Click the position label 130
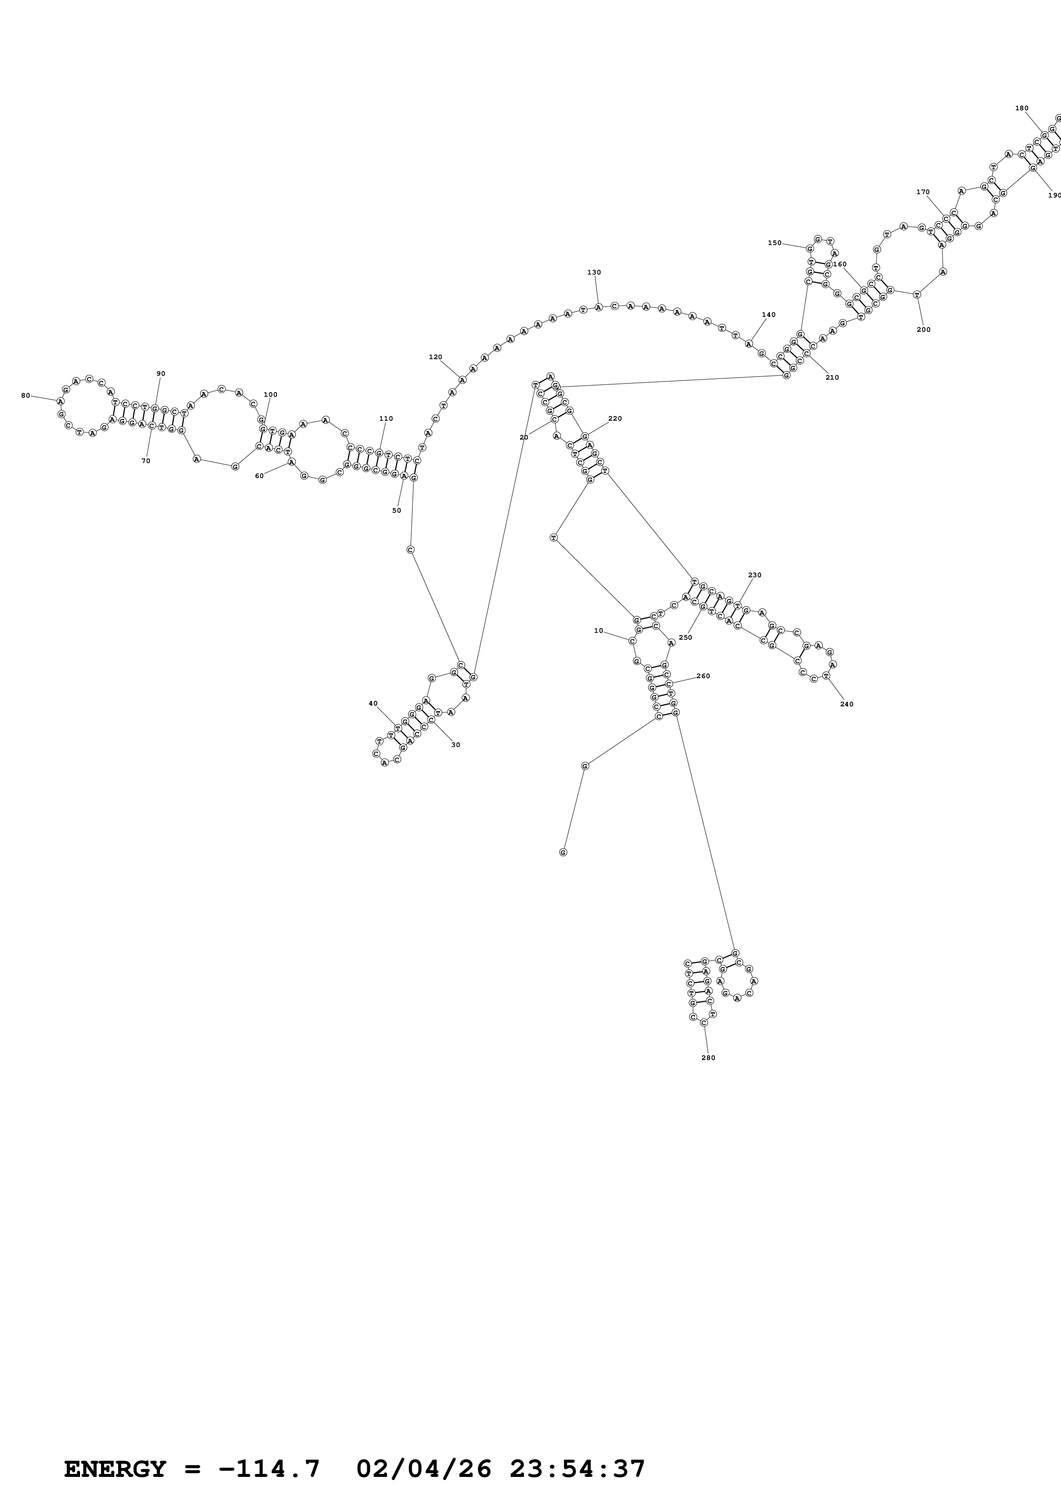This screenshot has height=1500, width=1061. pos(594,272)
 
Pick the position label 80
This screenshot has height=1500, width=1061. pos(26,395)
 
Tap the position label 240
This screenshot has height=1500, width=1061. pos(847,704)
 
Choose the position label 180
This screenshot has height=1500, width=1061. pos(1021,109)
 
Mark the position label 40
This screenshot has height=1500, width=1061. pos(373,704)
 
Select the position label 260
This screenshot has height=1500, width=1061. pos(703,676)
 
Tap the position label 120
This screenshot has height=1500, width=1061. pos(435,357)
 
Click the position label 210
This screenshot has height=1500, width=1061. pos(832,378)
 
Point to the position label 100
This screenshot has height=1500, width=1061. pos(270,395)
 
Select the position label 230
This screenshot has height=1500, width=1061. pos(755,576)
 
